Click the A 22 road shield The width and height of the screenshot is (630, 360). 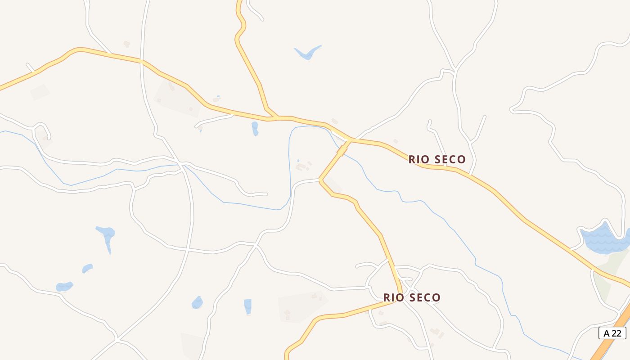pos(612,333)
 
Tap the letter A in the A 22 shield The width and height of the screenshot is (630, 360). pos(607,333)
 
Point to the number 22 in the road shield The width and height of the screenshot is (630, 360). pos(616,333)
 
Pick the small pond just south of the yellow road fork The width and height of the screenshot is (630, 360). pos(255,128)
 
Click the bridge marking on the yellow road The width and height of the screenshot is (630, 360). pos(342,149)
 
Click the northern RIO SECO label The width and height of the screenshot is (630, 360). pos(437,159)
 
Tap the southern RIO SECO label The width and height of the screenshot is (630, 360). pos(412,297)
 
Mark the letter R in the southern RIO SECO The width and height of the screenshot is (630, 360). pos(387,297)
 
